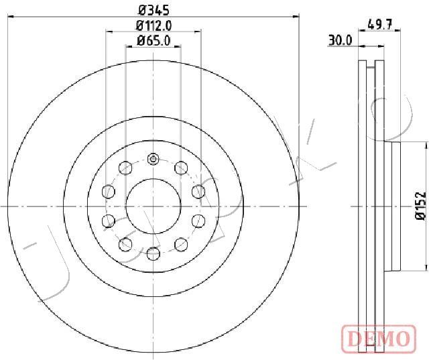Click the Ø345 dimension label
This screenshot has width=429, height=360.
(154, 11)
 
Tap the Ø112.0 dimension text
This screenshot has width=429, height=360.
(154, 26)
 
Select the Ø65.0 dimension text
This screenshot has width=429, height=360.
(154, 41)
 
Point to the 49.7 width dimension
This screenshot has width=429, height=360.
(380, 25)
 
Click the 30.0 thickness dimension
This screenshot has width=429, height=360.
(340, 41)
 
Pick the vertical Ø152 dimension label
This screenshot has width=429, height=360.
(420, 206)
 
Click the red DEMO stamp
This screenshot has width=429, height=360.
(379, 338)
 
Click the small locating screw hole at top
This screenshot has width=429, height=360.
(153, 159)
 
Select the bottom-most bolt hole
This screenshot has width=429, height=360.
(154, 253)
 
